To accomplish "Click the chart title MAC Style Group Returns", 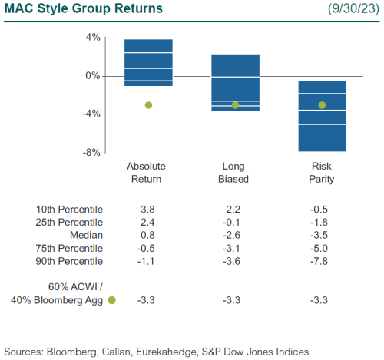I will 82,9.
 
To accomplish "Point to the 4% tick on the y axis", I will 92,38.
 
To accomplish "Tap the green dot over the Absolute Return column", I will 148,105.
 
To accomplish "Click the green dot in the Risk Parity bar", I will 322,105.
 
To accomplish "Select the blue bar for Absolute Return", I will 148,62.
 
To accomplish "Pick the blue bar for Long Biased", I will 235,83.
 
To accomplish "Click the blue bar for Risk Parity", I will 322,117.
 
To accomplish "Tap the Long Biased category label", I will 235,173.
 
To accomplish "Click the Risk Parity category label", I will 322,173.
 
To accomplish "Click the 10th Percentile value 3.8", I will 148,209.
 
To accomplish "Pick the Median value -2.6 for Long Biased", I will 235,235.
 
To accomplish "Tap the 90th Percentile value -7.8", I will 322,261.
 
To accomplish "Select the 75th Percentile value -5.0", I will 322,248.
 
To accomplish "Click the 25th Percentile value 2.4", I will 148,222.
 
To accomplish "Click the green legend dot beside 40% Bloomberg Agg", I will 112,300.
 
